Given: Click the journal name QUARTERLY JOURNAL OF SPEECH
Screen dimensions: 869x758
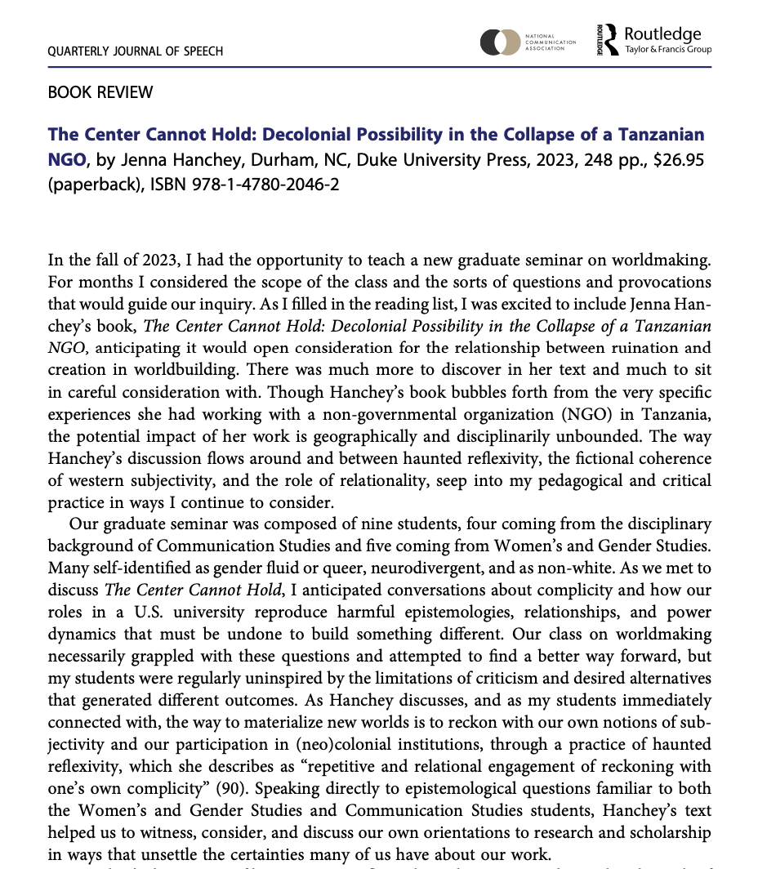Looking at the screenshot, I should click(136, 51).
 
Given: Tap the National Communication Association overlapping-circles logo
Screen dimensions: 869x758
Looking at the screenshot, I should click(500, 42).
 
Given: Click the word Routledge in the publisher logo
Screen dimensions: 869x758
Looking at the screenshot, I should click(662, 34).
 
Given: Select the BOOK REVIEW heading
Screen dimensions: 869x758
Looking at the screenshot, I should click(100, 92).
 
